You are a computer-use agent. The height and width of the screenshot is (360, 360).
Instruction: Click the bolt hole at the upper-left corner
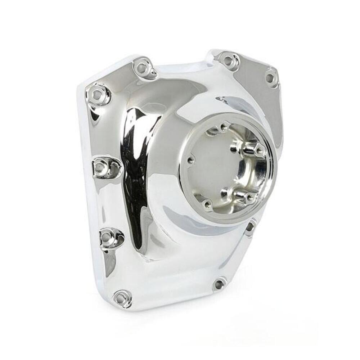pyautogui.click(x=96, y=94)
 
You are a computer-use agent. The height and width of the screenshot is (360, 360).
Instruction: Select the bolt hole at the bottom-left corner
pyautogui.click(x=121, y=298)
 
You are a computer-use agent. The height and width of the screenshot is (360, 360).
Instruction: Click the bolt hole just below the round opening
pyautogui.click(x=249, y=227)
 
